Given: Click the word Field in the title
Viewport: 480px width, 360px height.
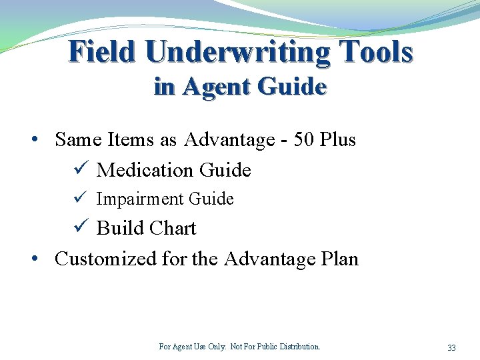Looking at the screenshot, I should [102, 52].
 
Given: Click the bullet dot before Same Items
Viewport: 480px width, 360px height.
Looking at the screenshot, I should [33, 140].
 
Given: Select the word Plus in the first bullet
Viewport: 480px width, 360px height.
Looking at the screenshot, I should [337, 140].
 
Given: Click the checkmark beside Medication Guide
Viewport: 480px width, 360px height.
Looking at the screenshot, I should [81, 170].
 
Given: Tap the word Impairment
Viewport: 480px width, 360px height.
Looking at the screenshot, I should [140, 199].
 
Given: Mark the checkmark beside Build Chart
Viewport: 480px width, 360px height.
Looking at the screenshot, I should [81, 228].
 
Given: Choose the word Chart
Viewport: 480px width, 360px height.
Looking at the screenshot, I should [173, 229].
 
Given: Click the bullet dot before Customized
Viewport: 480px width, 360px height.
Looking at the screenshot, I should [33, 259].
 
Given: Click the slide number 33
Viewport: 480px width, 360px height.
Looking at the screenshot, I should [451, 348].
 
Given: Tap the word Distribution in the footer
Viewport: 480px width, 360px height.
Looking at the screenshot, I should [297, 347].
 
